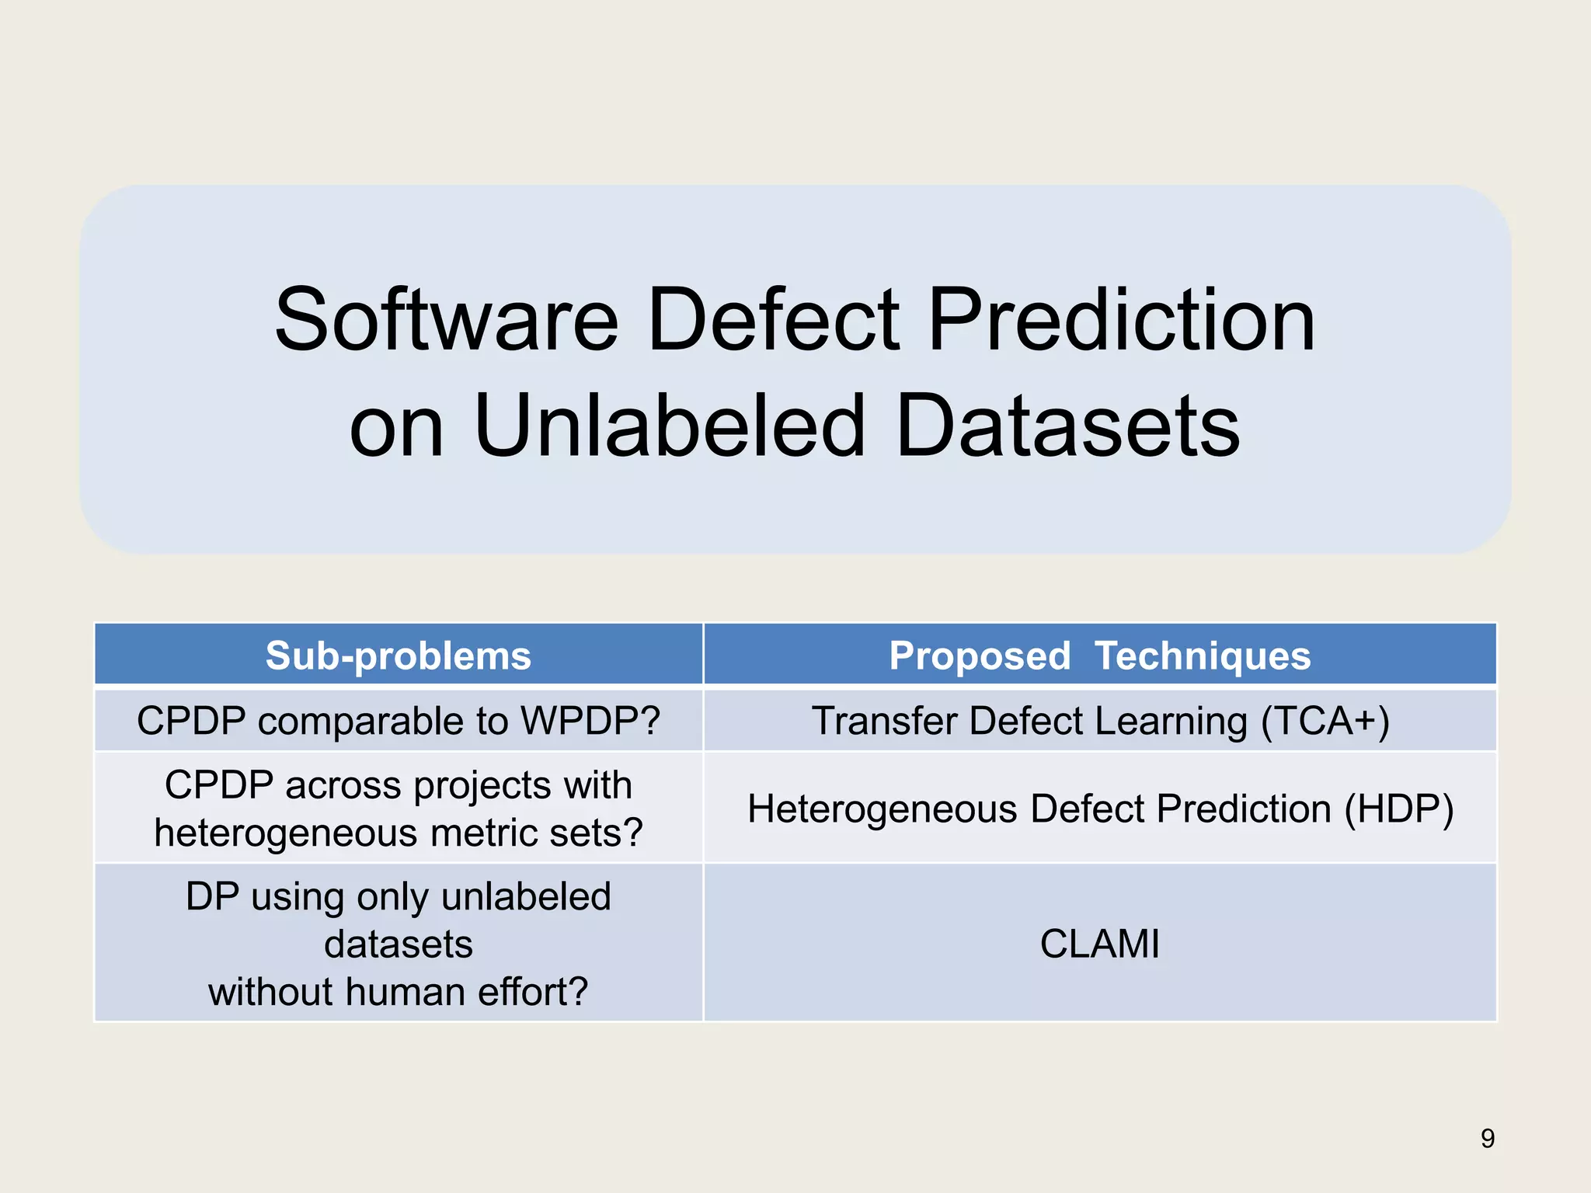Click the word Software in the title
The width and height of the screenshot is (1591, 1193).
(446, 320)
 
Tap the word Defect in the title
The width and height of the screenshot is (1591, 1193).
(773, 320)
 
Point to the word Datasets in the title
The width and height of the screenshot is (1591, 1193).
(1067, 426)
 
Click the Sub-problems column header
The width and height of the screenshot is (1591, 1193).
(399, 656)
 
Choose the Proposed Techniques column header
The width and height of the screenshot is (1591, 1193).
(1099, 656)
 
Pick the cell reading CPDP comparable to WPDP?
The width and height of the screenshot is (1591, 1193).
(399, 721)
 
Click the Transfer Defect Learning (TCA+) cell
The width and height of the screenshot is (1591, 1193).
(1099, 721)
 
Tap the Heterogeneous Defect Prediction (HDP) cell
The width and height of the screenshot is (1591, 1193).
(1099, 809)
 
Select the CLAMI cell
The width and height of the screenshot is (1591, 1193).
(1099, 944)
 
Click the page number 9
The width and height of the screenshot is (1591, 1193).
(1487, 1139)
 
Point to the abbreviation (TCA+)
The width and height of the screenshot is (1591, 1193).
(1325, 721)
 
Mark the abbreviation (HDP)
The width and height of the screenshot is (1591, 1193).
(1398, 809)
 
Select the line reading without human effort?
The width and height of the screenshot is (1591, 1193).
(399, 992)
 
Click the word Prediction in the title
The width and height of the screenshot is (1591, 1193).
(1121, 320)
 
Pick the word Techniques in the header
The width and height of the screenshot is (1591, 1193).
(1202, 656)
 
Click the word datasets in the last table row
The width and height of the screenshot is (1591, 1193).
(399, 944)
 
